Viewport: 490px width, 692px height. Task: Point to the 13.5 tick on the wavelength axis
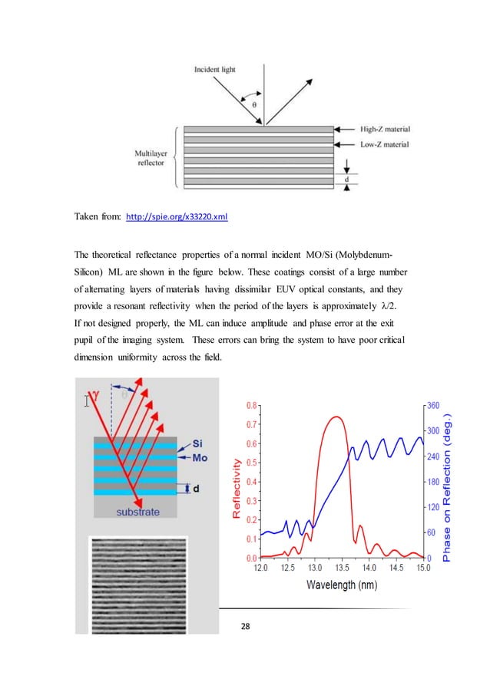[341, 568]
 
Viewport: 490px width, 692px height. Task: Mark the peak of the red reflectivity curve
[335, 417]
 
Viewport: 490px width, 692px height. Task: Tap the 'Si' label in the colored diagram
[197, 444]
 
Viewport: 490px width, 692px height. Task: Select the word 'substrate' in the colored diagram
[138, 510]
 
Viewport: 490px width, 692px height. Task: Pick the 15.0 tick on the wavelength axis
[422, 568]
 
